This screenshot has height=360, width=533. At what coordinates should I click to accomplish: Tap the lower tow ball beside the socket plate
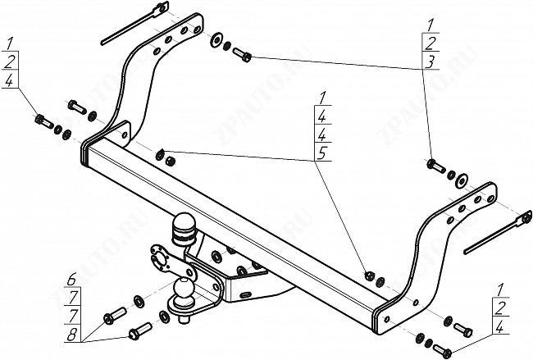(x=182, y=290)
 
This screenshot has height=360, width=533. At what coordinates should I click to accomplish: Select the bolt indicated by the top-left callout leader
(x=40, y=121)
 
